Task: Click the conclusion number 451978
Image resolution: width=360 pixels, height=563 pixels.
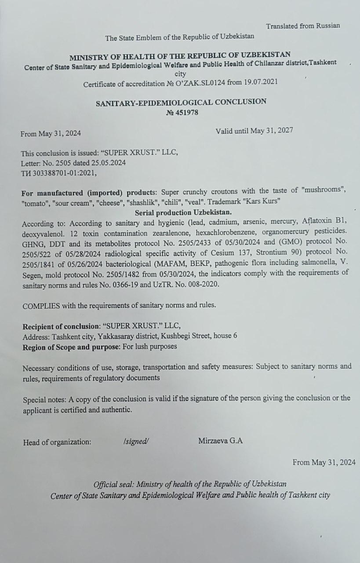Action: pos(186,113)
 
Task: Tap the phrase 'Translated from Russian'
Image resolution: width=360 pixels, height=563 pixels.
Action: pos(303,26)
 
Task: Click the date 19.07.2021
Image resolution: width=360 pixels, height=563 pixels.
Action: pos(262,82)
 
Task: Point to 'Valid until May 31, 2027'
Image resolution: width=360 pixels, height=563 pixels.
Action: pos(254,130)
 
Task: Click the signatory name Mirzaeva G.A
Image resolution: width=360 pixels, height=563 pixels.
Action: pos(220,441)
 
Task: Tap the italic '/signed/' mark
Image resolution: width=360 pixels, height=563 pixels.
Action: pos(136,442)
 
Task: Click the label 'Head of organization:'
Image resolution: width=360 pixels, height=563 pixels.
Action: pos(57,442)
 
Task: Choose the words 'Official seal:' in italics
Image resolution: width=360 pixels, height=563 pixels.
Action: pos(113,484)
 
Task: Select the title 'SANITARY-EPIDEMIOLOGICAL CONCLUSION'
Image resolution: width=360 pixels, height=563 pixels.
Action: pos(181,102)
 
